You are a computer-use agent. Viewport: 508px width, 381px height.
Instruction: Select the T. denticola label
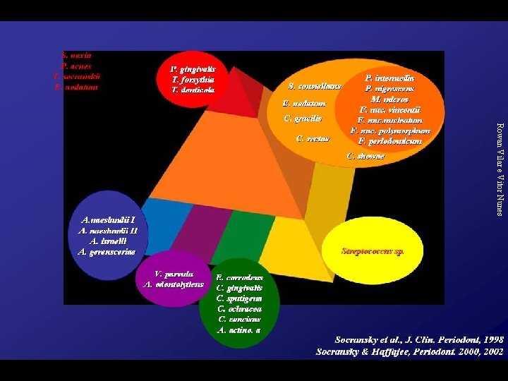click(193, 90)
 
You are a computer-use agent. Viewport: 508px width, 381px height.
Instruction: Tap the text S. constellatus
click(315, 86)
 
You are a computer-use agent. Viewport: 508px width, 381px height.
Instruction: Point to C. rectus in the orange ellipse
click(313, 138)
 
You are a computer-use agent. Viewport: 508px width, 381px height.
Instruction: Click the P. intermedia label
click(389, 77)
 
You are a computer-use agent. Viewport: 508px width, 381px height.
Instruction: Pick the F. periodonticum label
click(389, 141)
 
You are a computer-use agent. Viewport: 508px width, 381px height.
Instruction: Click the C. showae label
click(365, 155)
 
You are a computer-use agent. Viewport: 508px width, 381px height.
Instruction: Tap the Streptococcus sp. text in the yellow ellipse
click(372, 250)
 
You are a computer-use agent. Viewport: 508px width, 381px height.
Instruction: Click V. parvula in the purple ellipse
click(174, 274)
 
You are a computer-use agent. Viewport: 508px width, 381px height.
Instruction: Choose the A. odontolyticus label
click(173, 284)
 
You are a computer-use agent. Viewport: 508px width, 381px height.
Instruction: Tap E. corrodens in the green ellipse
click(240, 278)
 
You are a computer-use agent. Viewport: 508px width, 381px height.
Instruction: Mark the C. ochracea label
click(240, 309)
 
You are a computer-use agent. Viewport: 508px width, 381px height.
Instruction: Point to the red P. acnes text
click(77, 64)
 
